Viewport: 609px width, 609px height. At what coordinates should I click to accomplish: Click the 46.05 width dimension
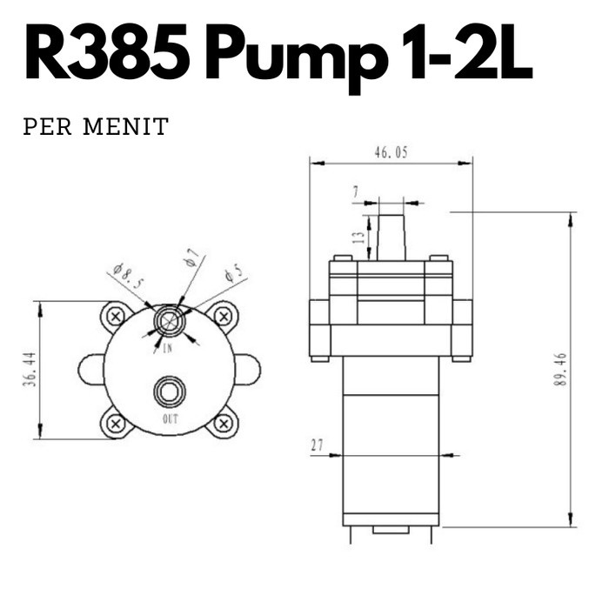391,152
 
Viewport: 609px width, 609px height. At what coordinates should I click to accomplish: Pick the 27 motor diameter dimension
317,445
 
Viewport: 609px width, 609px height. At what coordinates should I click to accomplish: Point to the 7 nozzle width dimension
356,191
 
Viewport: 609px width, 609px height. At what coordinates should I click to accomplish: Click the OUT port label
170,418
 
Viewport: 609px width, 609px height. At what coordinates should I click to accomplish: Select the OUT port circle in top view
169,393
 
